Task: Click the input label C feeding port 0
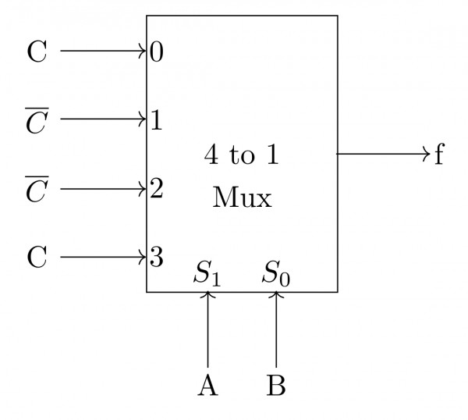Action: [37, 52]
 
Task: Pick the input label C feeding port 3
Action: [37, 257]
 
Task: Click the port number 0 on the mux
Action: [157, 52]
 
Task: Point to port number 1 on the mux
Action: [156, 121]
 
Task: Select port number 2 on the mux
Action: [156, 189]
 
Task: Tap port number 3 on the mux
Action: [156, 257]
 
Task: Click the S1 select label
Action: [207, 274]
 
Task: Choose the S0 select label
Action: [276, 274]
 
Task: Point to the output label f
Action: [438, 155]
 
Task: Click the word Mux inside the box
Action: [242, 198]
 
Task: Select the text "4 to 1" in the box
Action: [242, 155]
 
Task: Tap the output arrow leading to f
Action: [383, 155]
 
